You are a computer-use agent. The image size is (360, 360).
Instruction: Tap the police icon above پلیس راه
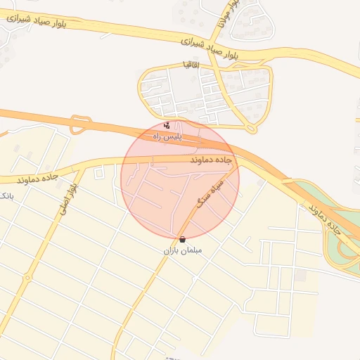coord(166,126)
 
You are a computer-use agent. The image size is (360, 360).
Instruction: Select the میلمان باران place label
coord(183,250)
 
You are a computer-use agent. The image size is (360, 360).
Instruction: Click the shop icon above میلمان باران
coord(183,240)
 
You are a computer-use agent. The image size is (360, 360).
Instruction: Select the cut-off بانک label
coord(6,195)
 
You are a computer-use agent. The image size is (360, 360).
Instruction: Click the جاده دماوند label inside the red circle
coord(210,161)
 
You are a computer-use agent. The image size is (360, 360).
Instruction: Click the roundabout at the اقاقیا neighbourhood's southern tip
coord(251,129)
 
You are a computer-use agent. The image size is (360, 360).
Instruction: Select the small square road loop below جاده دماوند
coord(99,172)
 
